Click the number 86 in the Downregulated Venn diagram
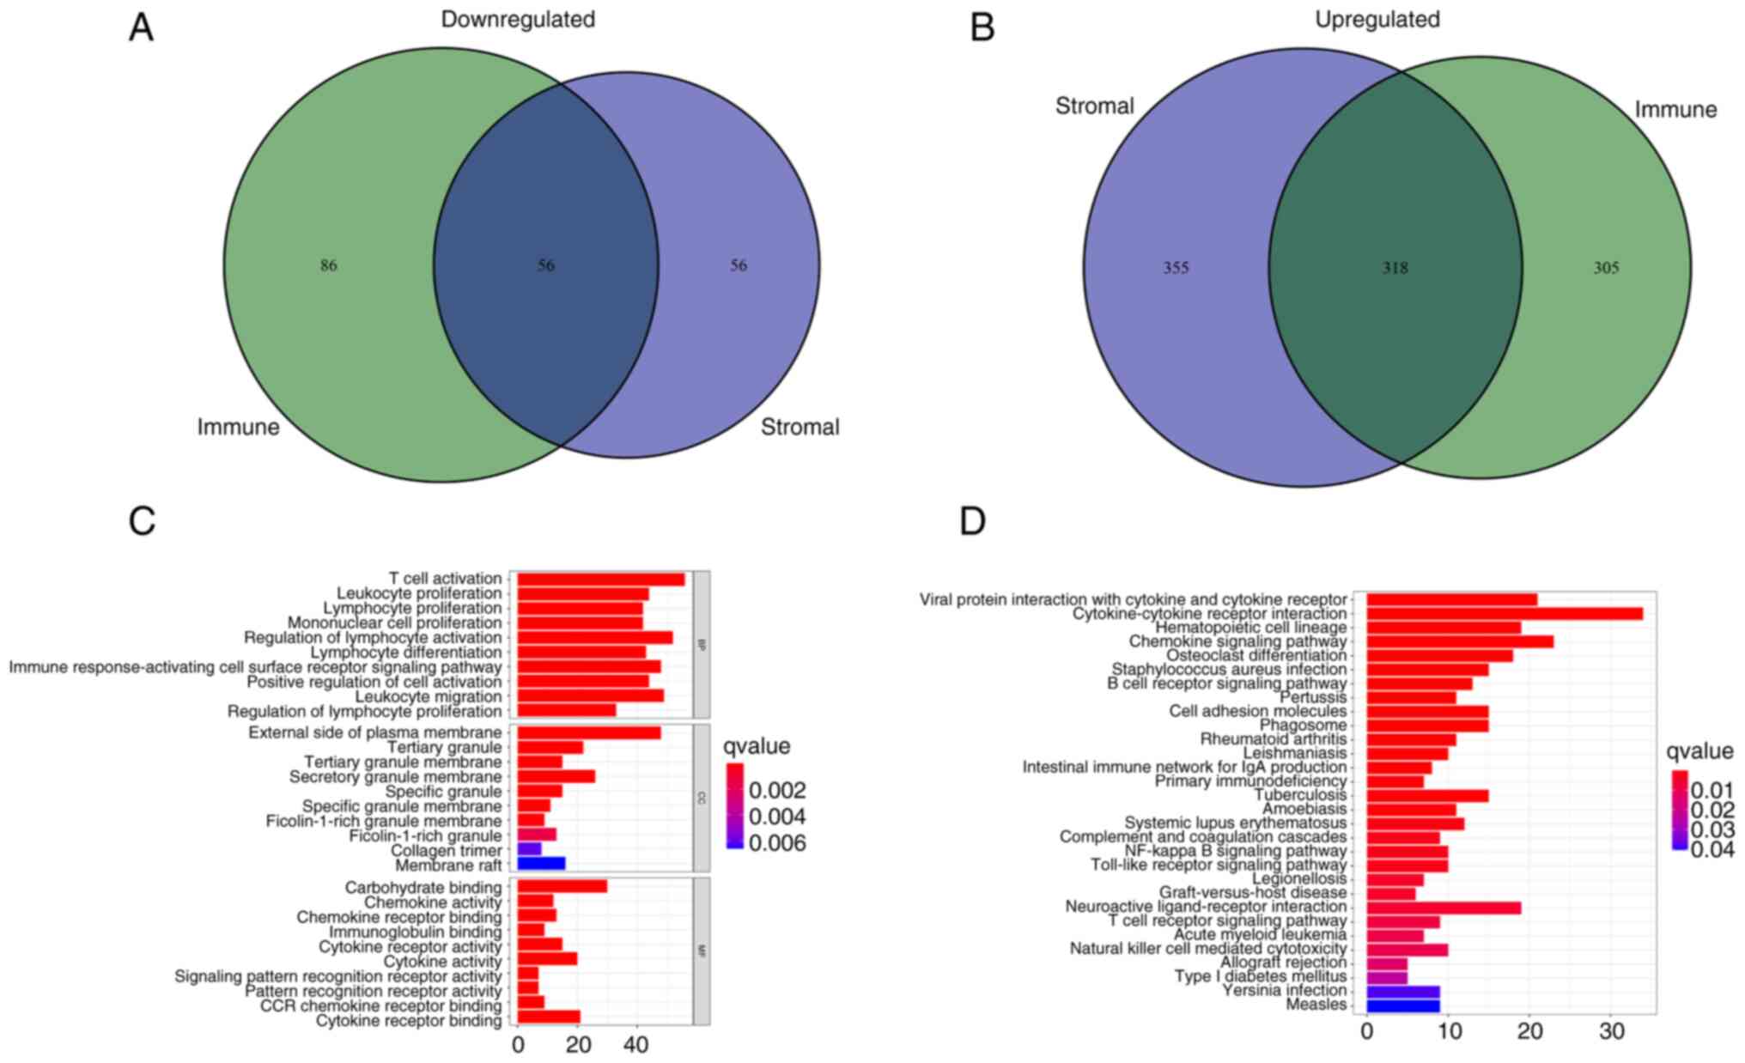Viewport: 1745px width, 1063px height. [x=329, y=265]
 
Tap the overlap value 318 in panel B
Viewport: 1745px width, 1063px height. [x=1395, y=268]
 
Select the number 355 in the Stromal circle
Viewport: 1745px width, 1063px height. [x=1176, y=268]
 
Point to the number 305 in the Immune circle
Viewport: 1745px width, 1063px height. [x=1606, y=268]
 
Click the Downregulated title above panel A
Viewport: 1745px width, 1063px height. [x=518, y=19]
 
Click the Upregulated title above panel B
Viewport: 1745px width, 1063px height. [x=1377, y=19]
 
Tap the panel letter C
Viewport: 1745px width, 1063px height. [x=142, y=520]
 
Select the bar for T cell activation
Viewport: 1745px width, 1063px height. [x=600, y=580]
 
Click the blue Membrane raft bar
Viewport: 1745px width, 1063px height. [x=541, y=865]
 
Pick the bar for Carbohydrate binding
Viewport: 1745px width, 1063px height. [x=562, y=887]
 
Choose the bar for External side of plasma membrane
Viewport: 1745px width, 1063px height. [x=588, y=732]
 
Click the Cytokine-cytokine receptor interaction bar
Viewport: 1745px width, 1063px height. [x=1504, y=614]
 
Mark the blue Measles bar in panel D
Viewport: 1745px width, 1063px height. [x=1402, y=1005]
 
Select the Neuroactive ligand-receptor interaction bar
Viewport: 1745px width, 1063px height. [x=1443, y=907]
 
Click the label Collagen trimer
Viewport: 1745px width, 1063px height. [x=446, y=850]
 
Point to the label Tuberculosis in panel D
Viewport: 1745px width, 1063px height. [x=1300, y=795]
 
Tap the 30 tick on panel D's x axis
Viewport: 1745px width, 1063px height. [x=1611, y=1031]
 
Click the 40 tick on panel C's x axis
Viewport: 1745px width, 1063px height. [x=635, y=1045]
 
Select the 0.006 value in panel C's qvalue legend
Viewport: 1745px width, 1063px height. [x=777, y=843]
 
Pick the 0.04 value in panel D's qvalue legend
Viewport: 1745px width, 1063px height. [x=1712, y=850]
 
